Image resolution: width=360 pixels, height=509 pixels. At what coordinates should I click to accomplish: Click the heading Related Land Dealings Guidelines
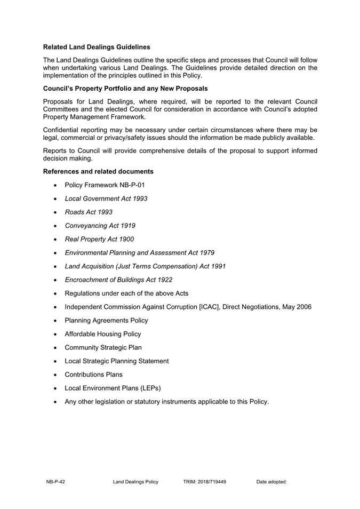coord(96,47)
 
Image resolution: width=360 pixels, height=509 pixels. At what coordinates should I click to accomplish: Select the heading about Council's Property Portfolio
coord(125,88)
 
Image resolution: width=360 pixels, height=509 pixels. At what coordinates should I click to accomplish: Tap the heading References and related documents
coord(98,171)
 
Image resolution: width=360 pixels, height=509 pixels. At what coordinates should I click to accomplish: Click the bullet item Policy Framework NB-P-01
coord(105,185)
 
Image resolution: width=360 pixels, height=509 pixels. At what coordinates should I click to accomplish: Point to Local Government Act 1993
coord(106,198)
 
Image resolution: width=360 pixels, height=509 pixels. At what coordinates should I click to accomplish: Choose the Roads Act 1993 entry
coord(89,212)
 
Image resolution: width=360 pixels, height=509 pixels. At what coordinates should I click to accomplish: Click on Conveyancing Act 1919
coord(100,226)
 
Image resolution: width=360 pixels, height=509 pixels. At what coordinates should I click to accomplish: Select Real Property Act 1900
coord(99,239)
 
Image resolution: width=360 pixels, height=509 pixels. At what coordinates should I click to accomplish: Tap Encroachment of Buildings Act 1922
coord(118,280)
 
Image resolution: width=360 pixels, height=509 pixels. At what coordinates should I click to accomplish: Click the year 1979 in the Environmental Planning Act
coord(206,252)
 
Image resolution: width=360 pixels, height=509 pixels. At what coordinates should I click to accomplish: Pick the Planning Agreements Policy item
coord(106,320)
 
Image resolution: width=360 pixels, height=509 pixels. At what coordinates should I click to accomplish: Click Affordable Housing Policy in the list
coord(103,334)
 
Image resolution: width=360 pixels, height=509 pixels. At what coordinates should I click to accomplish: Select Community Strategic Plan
coord(103,347)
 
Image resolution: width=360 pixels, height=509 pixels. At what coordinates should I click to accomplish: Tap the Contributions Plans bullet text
coord(93,375)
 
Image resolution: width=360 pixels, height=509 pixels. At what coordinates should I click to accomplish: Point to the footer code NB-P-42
coord(55,482)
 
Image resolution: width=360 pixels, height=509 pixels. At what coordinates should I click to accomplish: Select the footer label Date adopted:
coord(271,482)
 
